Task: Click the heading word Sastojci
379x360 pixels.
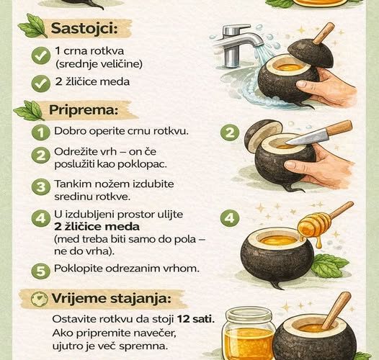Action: coord(84,28)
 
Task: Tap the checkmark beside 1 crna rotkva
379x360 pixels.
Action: coord(41,56)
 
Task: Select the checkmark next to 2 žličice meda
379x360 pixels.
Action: coord(41,84)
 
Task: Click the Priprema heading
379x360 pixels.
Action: coord(84,110)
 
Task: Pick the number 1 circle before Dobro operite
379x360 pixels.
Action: coord(41,132)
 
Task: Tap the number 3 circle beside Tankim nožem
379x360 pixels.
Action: coord(41,186)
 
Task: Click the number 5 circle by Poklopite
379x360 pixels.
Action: coord(41,271)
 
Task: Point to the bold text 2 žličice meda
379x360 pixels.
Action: coord(97,227)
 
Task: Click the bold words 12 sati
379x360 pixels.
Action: coord(196,319)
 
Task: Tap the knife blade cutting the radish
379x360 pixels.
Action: coord(306,138)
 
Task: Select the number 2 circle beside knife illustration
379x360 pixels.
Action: coord(230,133)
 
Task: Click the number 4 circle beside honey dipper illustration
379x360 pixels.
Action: coord(230,218)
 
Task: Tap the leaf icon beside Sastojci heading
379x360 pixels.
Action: coord(33,25)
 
